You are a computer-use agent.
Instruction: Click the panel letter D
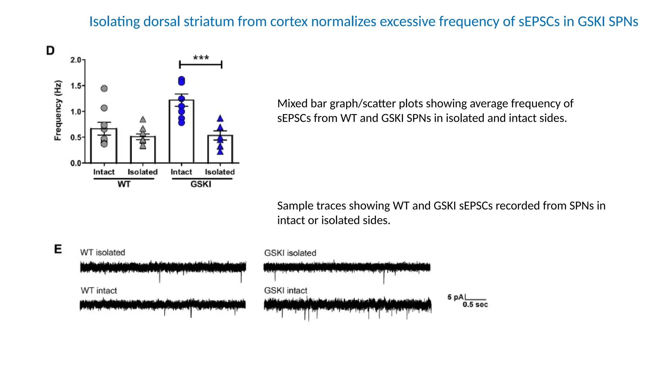[x=50, y=51]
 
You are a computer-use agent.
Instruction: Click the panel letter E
[x=58, y=249]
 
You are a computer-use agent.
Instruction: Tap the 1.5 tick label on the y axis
[x=76, y=86]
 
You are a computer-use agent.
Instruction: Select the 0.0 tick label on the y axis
[x=76, y=163]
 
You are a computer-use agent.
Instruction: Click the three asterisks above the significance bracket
[x=201, y=58]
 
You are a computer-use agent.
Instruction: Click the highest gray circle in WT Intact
[x=104, y=88]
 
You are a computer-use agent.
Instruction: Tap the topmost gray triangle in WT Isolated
[x=143, y=119]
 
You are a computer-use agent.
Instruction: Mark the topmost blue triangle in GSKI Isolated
[x=220, y=119]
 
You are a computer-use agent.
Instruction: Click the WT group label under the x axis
[x=124, y=184]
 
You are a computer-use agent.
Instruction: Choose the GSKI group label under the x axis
[x=201, y=184]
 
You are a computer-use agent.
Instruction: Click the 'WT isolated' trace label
[x=103, y=253]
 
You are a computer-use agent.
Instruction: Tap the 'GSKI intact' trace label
[x=286, y=291]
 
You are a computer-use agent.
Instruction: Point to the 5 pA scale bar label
[x=455, y=297]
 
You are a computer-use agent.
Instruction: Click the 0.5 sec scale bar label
[x=475, y=305]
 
